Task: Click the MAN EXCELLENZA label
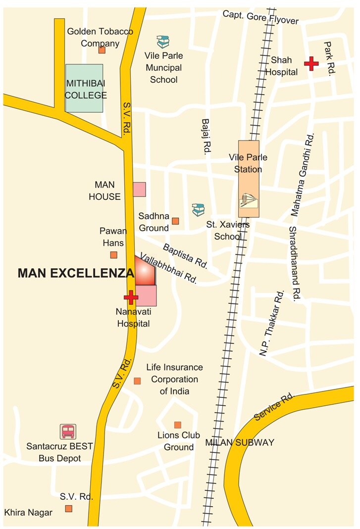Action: pos(76,273)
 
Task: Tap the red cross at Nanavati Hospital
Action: pos(131,297)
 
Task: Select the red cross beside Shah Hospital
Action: pos(311,63)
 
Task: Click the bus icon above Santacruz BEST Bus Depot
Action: pos(67,432)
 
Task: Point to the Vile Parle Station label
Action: pos(248,163)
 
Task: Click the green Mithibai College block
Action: pos(85,88)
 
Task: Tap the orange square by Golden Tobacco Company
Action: pos(102,50)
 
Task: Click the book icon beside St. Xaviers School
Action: pos(198,210)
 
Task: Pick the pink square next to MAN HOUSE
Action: pos(139,190)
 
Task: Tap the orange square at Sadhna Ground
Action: pos(175,221)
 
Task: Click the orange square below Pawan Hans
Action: pos(113,255)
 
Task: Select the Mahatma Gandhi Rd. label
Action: pos(303,176)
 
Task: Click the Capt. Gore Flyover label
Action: pos(260,17)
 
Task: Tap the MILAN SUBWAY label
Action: pos(240,443)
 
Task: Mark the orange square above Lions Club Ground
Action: pos(177,425)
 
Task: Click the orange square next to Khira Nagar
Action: pos(68,508)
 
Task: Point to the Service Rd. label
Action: pos(274,407)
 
